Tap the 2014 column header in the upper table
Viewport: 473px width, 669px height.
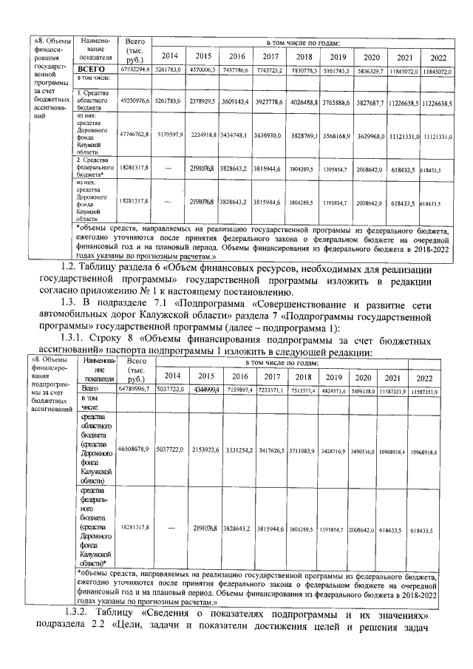click(x=170, y=55)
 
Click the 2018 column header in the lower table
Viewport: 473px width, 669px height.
click(x=304, y=376)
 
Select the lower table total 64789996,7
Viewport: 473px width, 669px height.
click(x=134, y=388)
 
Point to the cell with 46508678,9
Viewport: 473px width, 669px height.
click(x=134, y=449)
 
